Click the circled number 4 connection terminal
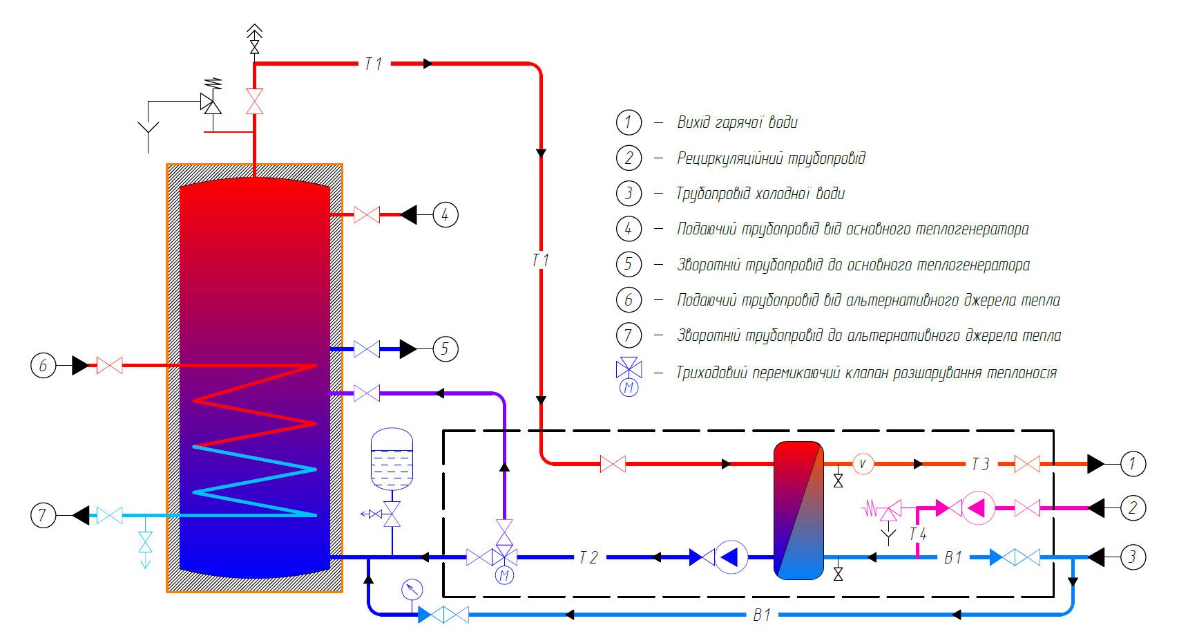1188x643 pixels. tap(445, 215)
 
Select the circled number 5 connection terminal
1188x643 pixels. tap(445, 349)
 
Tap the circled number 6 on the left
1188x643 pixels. tap(43, 365)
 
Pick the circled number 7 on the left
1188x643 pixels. tap(43, 515)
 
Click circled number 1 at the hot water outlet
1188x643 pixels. tap(1132, 463)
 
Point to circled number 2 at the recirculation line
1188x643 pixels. tap(1132, 508)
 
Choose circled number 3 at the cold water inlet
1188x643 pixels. tap(1132, 557)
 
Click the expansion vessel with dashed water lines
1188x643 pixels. tap(392, 459)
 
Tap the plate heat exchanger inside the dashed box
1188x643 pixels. tap(798, 510)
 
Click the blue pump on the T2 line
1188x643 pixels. tap(730, 557)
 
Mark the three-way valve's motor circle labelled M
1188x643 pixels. tap(505, 575)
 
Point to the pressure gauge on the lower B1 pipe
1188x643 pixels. tap(412, 590)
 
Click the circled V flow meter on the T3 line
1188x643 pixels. tap(863, 463)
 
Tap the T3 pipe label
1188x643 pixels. tap(980, 464)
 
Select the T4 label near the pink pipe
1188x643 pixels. tap(918, 534)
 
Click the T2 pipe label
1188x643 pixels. tap(588, 557)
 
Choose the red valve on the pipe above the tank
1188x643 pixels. tap(254, 102)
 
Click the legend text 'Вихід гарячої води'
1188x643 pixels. tap(737, 123)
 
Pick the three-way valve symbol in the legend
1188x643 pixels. tap(629, 368)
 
